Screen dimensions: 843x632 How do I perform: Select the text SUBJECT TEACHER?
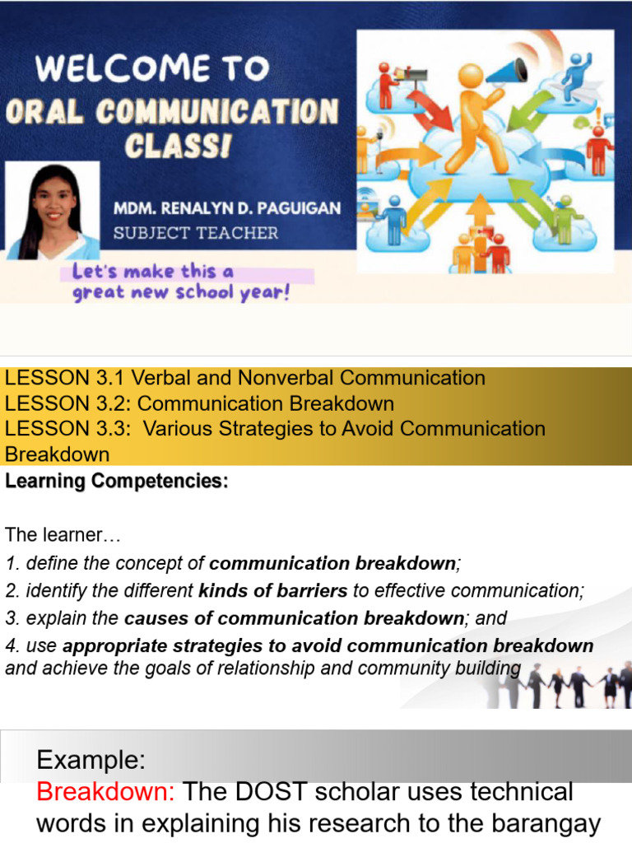(196, 233)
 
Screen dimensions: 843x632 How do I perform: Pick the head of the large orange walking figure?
(471, 77)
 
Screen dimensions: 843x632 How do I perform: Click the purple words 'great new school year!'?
(181, 293)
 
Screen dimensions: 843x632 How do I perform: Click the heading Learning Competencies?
(116, 482)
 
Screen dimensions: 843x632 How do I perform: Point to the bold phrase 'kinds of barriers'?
(273, 590)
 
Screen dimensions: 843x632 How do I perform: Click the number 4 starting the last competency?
(11, 646)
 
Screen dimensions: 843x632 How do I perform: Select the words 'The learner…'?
(63, 535)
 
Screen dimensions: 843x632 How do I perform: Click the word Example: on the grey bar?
(90, 759)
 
